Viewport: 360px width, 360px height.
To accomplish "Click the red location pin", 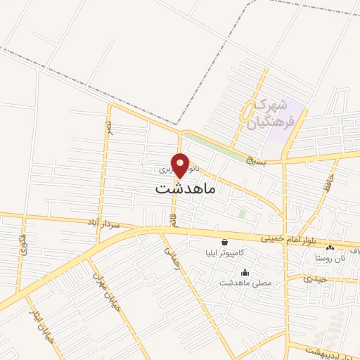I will pos(181,165).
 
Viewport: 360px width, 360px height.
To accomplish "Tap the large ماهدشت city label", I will pos(180,189).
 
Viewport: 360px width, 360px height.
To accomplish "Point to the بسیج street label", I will pos(255,160).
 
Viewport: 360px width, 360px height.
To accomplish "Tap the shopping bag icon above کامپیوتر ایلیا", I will pos(224,241).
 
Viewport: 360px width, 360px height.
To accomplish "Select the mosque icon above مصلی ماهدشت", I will pos(245,272).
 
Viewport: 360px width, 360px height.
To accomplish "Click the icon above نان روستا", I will pos(330,247).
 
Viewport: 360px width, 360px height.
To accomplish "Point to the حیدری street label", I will pos(316,278).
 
